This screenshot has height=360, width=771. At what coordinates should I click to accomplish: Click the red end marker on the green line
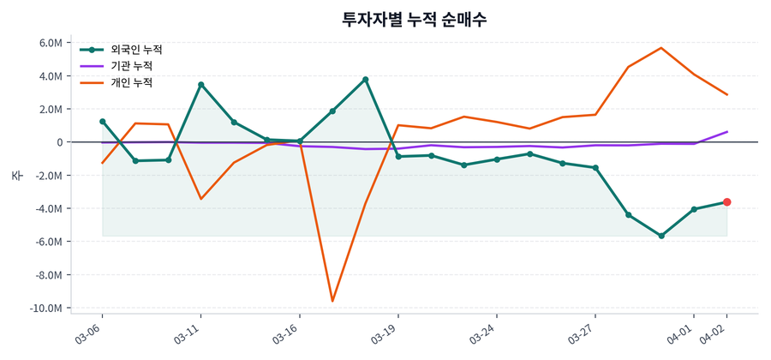(x=726, y=202)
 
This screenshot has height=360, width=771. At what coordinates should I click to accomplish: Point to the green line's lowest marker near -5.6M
(x=660, y=236)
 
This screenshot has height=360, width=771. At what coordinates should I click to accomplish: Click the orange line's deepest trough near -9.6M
(x=332, y=301)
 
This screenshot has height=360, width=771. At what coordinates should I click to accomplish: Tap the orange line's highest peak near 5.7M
(x=660, y=48)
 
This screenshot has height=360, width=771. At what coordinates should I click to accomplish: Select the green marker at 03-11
(x=200, y=85)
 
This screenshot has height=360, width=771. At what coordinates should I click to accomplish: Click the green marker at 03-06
(x=102, y=122)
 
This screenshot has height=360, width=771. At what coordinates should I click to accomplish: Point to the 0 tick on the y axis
(x=58, y=142)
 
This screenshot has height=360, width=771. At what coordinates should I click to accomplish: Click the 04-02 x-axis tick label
(x=715, y=334)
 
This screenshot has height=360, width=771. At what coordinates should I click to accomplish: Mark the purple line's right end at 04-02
(x=727, y=132)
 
